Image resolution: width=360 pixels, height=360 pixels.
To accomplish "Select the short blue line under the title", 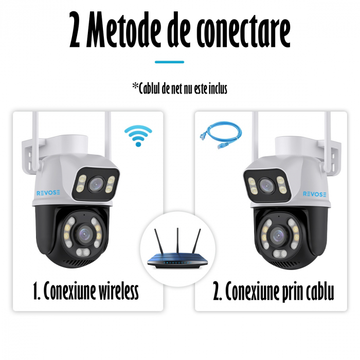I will (169, 62).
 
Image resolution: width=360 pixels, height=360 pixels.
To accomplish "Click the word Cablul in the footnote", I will (155, 88).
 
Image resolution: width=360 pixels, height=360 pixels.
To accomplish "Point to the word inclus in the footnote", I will (215, 88).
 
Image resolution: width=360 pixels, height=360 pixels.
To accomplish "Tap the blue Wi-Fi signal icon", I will (138, 135).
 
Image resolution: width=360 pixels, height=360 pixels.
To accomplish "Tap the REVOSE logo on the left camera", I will (48, 193).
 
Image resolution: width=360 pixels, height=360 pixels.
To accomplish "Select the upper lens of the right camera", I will (265, 186).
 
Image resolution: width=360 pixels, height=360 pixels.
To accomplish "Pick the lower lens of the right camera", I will (278, 236).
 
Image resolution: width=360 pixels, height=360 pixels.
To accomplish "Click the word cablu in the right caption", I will (319, 292).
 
